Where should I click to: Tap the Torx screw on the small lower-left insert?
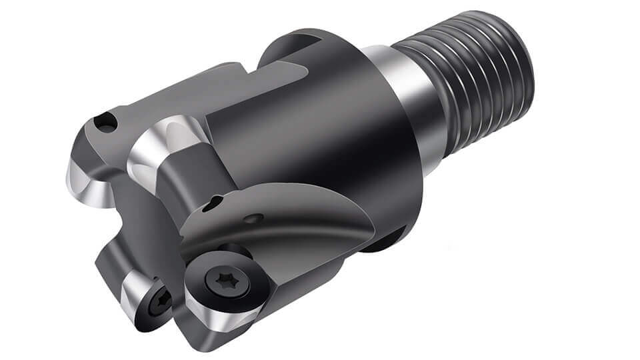coord(160,303)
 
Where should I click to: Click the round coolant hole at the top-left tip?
coord(105,122)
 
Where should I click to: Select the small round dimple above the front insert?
coord(253,217)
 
